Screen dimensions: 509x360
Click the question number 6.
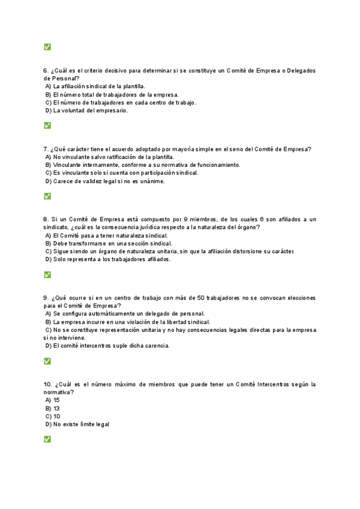click(46, 70)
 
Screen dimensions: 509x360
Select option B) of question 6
click(49, 94)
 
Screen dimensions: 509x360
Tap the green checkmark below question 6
click(47, 125)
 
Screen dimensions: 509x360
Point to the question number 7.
click(46, 149)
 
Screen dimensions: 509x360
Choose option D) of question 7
click(49, 181)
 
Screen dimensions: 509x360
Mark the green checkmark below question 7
click(47, 196)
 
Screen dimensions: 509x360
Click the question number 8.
click(46, 219)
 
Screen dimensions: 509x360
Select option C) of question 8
click(49, 251)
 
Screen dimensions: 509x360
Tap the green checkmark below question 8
click(47, 274)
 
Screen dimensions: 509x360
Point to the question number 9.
click(46, 298)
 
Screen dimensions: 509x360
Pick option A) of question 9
click(49, 313)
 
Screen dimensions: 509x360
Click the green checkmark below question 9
click(47, 361)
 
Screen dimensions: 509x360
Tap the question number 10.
click(47, 384)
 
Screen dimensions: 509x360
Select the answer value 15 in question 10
click(56, 400)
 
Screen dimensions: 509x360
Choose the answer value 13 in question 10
click(56, 408)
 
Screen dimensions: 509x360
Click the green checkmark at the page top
click(47, 47)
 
